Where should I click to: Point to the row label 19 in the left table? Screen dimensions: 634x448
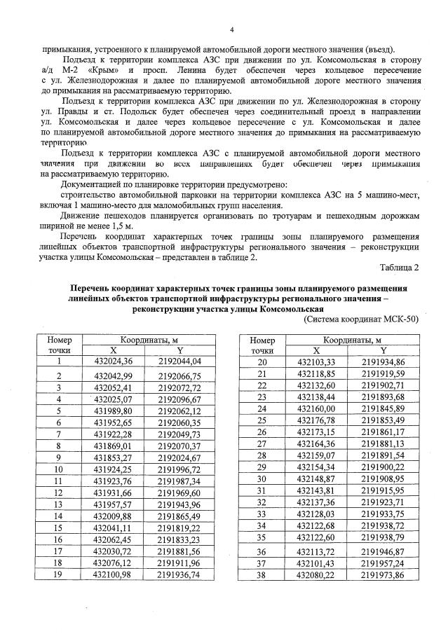(59, 574)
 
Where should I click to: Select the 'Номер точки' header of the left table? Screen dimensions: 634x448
(59, 345)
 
